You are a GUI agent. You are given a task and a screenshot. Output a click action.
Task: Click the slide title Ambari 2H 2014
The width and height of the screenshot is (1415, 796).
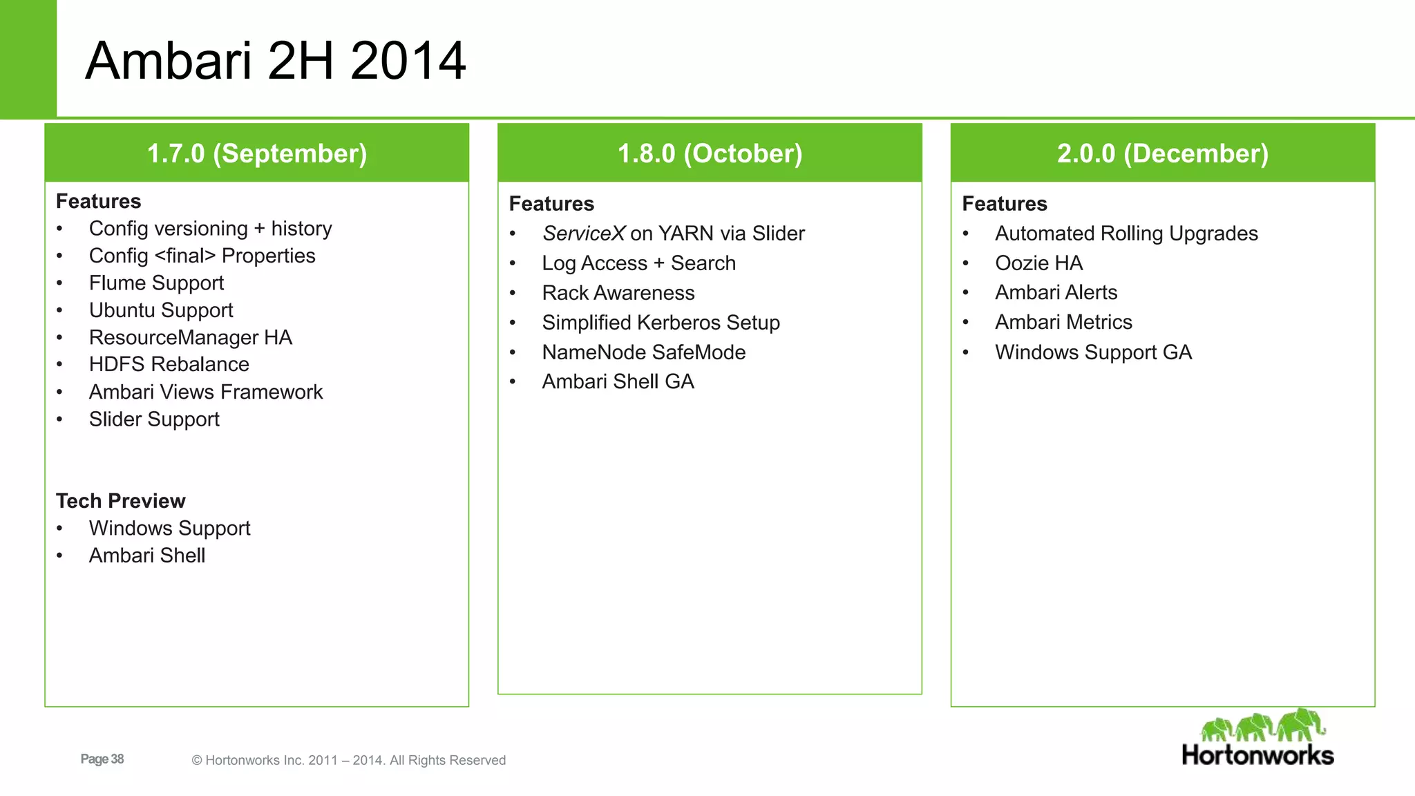(x=275, y=61)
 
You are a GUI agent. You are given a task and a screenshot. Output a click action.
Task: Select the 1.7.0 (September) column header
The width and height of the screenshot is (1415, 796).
(x=257, y=153)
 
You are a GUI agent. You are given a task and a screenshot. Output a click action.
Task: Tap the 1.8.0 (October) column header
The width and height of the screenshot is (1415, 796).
(x=710, y=153)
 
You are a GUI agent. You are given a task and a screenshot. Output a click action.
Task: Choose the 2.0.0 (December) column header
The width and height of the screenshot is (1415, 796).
(x=1163, y=153)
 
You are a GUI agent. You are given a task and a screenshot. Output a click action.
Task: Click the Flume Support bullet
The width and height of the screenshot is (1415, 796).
(x=156, y=283)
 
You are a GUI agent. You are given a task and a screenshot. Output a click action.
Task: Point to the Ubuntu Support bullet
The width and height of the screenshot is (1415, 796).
(x=161, y=310)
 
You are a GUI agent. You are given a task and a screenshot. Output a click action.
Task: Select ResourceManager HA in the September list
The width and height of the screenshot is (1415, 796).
(x=190, y=337)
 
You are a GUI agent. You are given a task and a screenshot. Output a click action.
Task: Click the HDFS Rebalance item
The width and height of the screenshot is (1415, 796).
(x=169, y=365)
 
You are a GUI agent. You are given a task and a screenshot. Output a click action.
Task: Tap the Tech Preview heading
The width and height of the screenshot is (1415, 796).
(x=120, y=501)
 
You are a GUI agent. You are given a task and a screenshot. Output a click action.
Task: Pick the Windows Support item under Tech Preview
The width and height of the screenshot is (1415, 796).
(x=169, y=529)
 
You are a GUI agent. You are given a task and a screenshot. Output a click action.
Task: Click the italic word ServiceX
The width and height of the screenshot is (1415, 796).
(x=583, y=234)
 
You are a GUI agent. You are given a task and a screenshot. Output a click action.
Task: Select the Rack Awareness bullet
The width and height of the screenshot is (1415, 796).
(x=618, y=293)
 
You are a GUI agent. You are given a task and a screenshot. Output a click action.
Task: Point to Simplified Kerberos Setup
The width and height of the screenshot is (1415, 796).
(x=661, y=323)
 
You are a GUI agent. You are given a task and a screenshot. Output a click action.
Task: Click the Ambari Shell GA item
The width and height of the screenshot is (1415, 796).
(x=618, y=382)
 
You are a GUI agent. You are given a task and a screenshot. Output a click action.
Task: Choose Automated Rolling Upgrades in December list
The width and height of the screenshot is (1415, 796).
(x=1126, y=234)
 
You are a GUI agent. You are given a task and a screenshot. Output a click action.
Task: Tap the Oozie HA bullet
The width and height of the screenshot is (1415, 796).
(x=1038, y=263)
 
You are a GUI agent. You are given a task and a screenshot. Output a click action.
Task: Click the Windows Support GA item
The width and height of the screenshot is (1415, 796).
(x=1093, y=352)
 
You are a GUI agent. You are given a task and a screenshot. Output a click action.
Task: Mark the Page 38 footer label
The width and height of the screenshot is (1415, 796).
(x=102, y=759)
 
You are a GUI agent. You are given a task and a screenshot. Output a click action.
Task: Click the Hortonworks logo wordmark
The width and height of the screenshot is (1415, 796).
(x=1257, y=755)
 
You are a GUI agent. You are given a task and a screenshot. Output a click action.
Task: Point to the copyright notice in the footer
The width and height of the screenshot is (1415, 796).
(x=348, y=760)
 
